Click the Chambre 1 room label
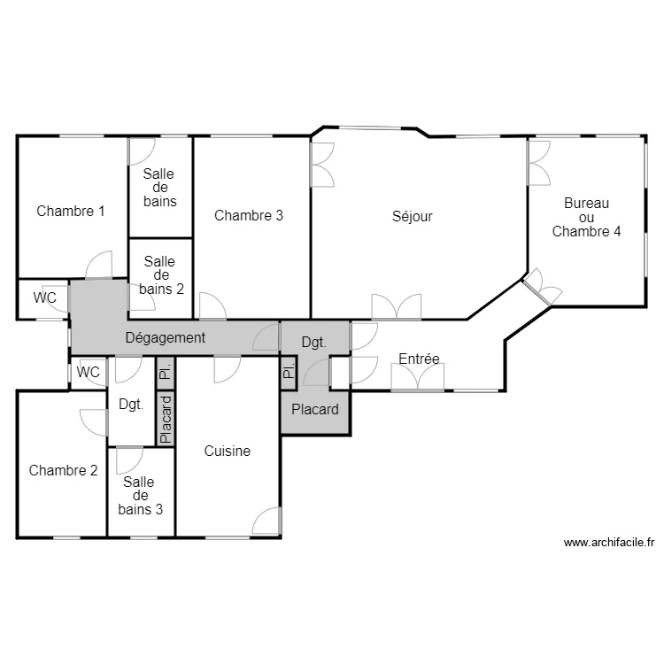[x=70, y=211]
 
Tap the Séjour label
[x=412, y=216]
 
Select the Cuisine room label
[x=227, y=451]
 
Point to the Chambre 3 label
[x=249, y=215]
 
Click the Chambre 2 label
[x=63, y=470]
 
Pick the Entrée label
[x=419, y=359]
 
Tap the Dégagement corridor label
[x=166, y=338]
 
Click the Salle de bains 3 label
[x=140, y=496]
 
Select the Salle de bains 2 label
[x=161, y=275]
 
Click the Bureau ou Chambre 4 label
[x=586, y=217]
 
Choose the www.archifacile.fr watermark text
[x=609, y=543]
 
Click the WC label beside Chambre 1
[x=44, y=297]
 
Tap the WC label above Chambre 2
[x=88, y=372]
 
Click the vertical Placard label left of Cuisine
[x=166, y=420]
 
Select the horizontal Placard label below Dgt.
[x=315, y=410]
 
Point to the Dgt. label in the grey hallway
[x=313, y=342]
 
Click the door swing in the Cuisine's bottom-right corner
[x=266, y=521]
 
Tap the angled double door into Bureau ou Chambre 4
[x=542, y=287]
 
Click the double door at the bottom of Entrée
[x=418, y=376]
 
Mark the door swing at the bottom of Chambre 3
[x=212, y=305]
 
